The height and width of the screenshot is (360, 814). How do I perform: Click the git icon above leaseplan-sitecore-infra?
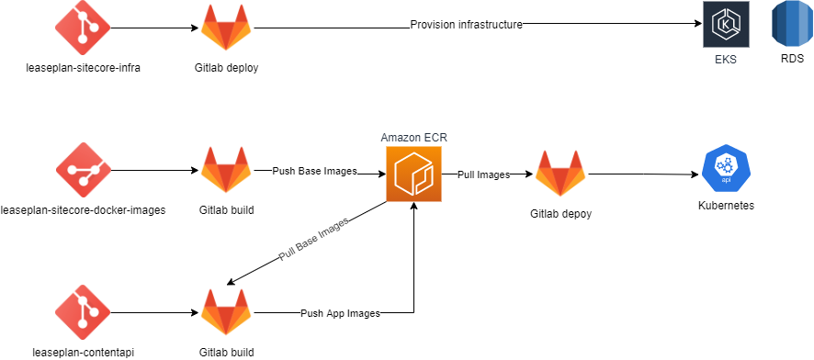(83, 27)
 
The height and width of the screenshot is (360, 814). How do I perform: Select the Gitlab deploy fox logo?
(227, 28)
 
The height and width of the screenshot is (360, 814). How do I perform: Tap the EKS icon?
(727, 25)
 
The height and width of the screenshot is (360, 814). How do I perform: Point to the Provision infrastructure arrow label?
(466, 25)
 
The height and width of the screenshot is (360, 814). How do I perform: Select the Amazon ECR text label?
(413, 137)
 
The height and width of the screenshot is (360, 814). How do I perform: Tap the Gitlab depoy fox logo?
(560, 173)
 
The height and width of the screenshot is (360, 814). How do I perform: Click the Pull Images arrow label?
(483, 174)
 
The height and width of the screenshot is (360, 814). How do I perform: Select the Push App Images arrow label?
(340, 313)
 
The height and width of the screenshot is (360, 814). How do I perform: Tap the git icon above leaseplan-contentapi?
(83, 312)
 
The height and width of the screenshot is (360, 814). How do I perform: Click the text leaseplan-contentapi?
(83, 352)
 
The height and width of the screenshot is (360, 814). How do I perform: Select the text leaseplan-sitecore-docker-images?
(83, 209)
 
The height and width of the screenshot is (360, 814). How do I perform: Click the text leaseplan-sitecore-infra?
(83, 67)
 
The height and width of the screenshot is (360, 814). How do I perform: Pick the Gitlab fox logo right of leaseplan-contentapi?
(227, 313)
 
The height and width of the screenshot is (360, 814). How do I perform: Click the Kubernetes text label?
(726, 206)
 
